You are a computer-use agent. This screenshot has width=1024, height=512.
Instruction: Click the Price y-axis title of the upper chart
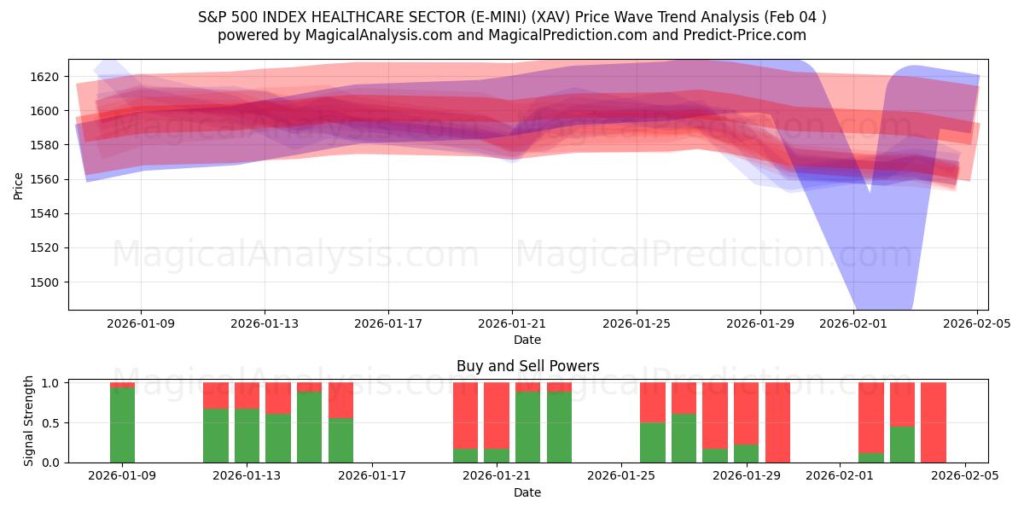18,184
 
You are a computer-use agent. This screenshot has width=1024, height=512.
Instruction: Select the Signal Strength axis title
29,421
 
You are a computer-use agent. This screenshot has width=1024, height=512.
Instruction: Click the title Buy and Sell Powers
527,366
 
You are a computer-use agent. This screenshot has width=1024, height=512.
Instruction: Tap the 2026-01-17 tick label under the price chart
388,323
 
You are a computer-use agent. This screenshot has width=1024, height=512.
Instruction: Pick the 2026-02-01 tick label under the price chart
853,323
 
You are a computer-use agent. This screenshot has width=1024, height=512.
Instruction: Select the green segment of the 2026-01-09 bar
123,425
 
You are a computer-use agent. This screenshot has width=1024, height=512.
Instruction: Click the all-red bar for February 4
934,422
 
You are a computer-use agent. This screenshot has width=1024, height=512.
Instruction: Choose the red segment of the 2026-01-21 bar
497,415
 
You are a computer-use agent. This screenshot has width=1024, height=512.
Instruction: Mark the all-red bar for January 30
777,422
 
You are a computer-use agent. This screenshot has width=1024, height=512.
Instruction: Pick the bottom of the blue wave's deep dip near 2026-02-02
884,303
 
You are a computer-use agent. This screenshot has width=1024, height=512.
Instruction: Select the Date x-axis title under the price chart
527,340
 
